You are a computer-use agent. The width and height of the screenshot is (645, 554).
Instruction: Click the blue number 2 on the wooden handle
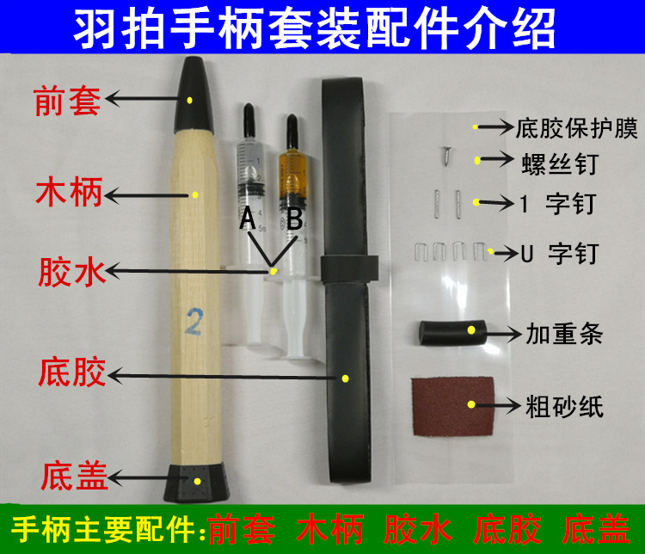click(x=193, y=323)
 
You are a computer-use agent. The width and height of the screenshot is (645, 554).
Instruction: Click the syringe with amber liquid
click(x=292, y=172)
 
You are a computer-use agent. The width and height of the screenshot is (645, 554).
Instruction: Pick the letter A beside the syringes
click(x=247, y=220)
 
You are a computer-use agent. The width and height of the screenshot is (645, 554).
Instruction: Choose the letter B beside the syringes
click(x=294, y=220)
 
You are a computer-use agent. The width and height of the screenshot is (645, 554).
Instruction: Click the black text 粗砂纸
click(x=563, y=405)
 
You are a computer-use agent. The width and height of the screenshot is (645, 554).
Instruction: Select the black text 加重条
click(x=563, y=331)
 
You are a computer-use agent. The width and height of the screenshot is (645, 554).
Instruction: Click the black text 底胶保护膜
click(x=577, y=129)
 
